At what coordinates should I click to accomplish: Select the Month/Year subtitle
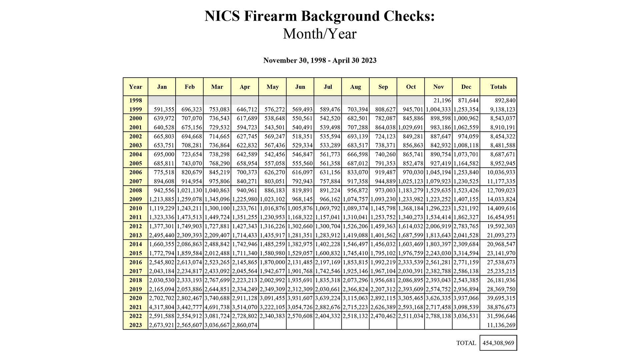coord(320,34)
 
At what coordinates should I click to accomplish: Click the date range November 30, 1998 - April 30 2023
coord(320,60)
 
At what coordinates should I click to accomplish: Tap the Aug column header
coord(355,87)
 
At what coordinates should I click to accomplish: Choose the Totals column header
coord(498,87)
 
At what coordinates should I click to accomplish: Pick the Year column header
coord(135,87)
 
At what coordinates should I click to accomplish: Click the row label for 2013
coord(135,235)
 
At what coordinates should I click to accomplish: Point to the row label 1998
coord(135,100)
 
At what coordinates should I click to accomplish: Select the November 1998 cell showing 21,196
coord(442,100)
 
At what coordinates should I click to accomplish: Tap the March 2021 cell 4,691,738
coord(217,307)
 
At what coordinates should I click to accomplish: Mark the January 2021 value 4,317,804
coord(162,307)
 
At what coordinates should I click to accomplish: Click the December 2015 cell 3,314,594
coord(466,253)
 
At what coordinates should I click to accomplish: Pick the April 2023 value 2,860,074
coord(245,325)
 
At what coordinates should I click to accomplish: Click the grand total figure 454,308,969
coord(498,343)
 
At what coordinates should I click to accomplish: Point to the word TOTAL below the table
coord(466,343)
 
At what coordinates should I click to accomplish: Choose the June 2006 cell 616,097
coord(302,172)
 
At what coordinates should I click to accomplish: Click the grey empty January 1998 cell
coord(162,100)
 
